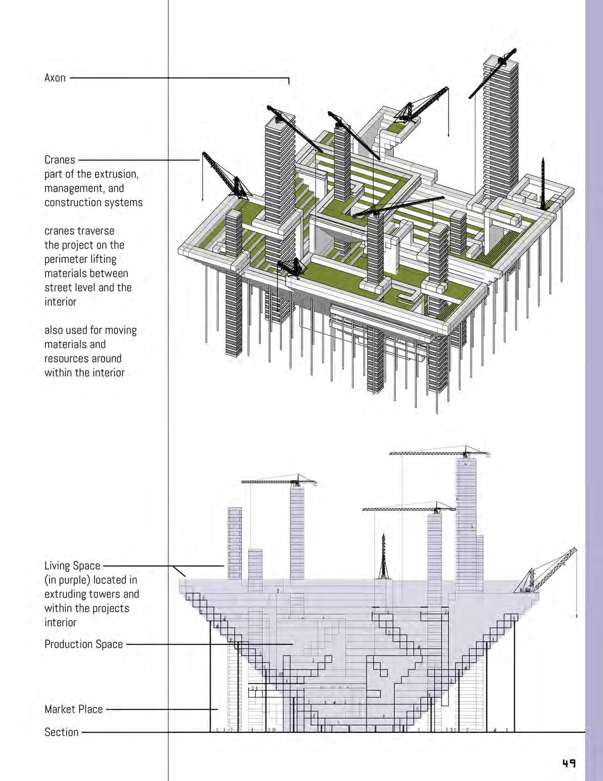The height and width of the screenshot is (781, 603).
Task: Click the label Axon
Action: tap(55, 78)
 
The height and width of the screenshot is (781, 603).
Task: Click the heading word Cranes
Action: tap(60, 160)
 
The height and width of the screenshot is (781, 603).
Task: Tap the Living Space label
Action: tap(72, 566)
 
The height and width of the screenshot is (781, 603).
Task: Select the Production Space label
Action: tap(84, 644)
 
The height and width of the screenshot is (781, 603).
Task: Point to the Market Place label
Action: tap(73, 709)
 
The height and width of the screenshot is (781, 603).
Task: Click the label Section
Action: tap(61, 732)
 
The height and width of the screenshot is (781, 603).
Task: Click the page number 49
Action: tap(569, 763)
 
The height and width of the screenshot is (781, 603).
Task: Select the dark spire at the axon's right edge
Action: tap(543, 184)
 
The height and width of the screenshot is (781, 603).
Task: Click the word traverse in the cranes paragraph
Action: tap(97, 231)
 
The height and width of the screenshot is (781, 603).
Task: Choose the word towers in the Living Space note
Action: tap(124, 594)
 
